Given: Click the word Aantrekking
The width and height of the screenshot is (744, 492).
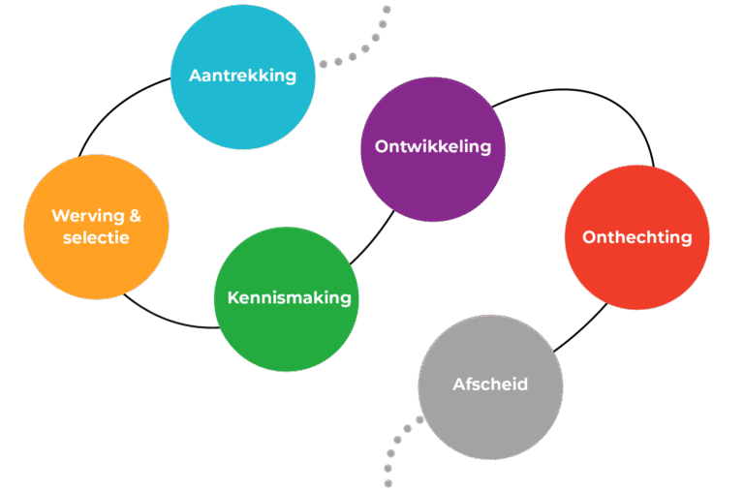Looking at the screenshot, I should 242,75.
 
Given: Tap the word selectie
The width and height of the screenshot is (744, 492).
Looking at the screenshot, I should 96,237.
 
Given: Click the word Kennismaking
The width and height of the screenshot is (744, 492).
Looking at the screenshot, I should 289,297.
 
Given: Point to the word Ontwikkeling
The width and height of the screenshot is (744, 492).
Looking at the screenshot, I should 432,147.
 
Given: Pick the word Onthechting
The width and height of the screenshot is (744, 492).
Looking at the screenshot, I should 636,236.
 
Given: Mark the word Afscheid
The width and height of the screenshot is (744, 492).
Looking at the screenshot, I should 490,384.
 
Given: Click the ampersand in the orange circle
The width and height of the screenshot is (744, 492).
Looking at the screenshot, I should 135,216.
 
